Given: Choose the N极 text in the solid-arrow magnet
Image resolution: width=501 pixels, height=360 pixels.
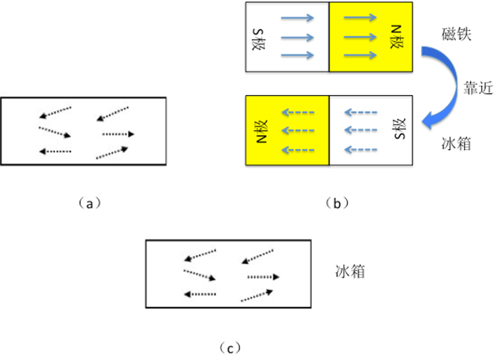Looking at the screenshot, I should coord(394,37).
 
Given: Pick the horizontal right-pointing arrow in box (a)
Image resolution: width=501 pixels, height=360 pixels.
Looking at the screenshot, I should coord(118,133).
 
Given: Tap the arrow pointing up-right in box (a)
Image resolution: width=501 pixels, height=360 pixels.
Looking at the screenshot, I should coord(112,152).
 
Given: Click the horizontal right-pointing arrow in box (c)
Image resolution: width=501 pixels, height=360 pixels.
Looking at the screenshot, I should coord(263,276).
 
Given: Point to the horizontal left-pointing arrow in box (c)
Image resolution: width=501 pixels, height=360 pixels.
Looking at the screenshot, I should coord(199,293).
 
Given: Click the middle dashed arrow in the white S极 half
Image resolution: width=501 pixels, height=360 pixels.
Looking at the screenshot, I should coord(362,129).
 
